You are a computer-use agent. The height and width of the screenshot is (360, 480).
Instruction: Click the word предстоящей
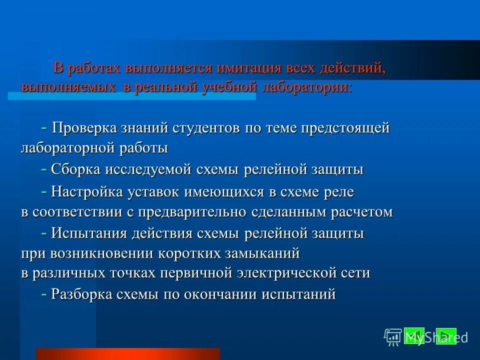[345, 128]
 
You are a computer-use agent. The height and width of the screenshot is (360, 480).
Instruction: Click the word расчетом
[361, 212]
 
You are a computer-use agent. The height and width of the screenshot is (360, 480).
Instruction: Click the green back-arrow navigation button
[413, 335]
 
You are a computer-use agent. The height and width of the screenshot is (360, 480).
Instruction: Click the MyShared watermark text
[435, 337]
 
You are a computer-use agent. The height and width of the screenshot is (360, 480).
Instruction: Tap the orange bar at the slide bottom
[127, 354]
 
